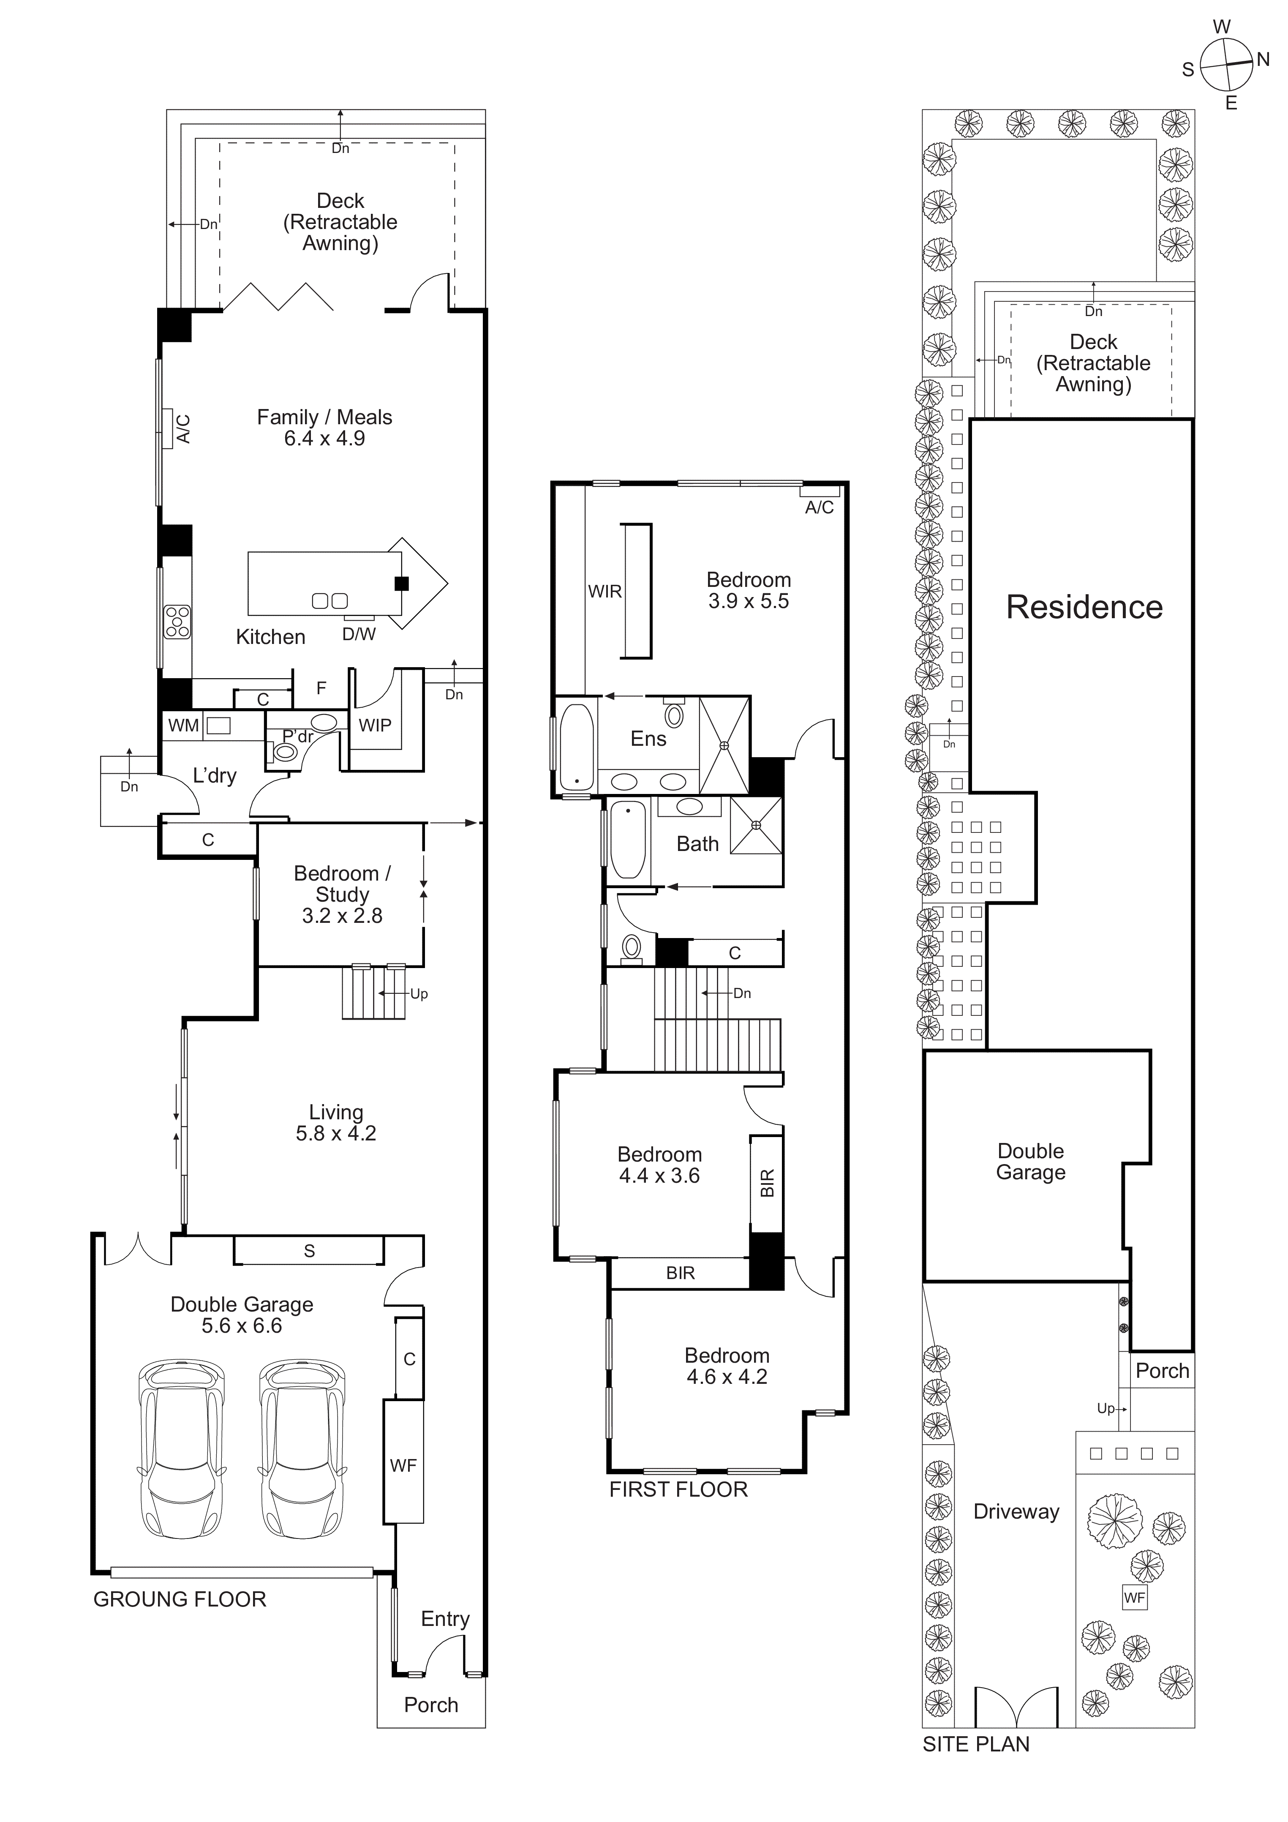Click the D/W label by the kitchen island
[x=359, y=634]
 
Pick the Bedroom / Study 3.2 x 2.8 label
[x=342, y=895]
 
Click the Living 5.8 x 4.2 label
[x=336, y=1123]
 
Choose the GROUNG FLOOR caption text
[x=180, y=1599]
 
